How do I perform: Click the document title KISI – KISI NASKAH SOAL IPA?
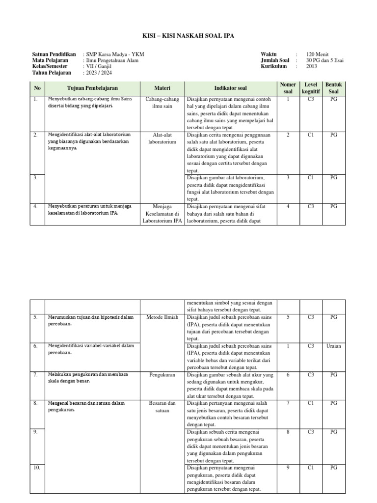188,35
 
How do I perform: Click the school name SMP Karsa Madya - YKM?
115,54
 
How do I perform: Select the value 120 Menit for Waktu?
317,54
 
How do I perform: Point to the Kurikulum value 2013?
312,66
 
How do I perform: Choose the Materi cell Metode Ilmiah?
162,317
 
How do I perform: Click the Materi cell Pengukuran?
162,375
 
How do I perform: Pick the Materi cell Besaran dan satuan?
162,407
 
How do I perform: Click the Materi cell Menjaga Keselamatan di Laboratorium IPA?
162,214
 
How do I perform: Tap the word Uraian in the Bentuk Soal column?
333,346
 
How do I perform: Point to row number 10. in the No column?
36,468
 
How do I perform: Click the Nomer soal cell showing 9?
288,468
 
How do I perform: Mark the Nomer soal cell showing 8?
288,432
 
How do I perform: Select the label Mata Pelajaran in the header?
51,60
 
